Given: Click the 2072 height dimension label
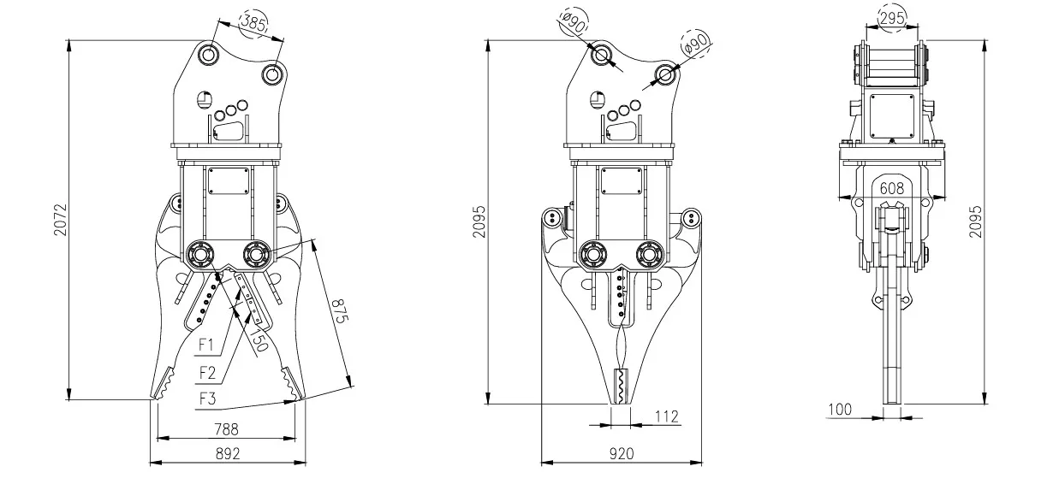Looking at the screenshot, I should point(57,219).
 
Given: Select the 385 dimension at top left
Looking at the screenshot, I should point(254,23).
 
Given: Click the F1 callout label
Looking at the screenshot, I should point(206,345).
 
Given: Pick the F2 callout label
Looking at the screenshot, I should point(206,372).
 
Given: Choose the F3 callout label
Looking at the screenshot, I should point(206,398).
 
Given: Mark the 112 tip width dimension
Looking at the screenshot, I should point(665,416).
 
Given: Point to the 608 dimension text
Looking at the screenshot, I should point(891,187).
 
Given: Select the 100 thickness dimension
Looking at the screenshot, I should point(840,410).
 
